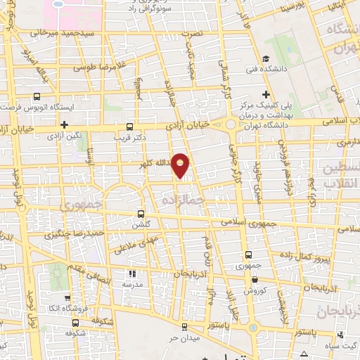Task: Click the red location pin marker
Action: pos(181,166)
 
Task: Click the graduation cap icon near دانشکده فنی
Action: pos(265,59)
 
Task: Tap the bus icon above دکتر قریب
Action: pos(128,127)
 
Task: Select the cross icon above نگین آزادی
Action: pos(64,125)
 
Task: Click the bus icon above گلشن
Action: pos(141,213)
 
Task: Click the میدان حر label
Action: pos(184,337)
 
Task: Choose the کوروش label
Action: pos(254,290)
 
